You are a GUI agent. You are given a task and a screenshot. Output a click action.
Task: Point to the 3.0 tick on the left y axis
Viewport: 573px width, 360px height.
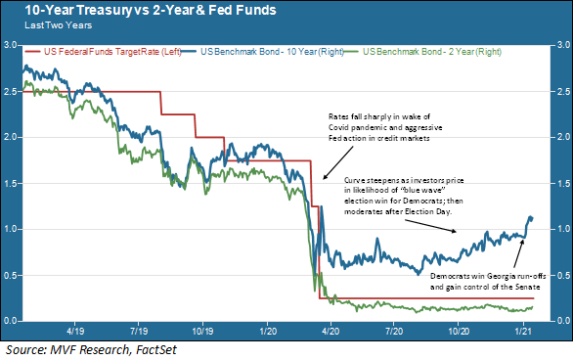[x=10, y=45]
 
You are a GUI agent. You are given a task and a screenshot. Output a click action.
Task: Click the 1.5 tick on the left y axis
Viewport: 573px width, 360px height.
[x=10, y=183]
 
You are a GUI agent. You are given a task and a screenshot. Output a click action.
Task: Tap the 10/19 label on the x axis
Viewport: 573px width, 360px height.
[x=202, y=332]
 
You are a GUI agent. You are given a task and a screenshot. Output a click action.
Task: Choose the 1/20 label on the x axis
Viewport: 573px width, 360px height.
[x=266, y=332]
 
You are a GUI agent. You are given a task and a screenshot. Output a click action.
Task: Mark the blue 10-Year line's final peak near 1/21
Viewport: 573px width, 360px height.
[x=531, y=216]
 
